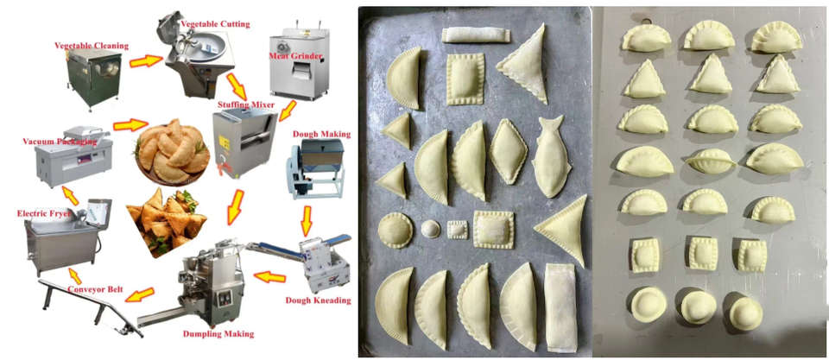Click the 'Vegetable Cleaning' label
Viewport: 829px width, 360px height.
point(92,46)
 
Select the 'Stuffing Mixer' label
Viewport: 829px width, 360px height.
point(246,104)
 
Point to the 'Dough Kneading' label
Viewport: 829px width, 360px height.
point(318,300)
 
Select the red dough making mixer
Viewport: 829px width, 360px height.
point(313,169)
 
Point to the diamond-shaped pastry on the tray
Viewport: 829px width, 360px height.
point(509,152)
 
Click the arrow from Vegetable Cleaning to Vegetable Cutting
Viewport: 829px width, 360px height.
point(145,61)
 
